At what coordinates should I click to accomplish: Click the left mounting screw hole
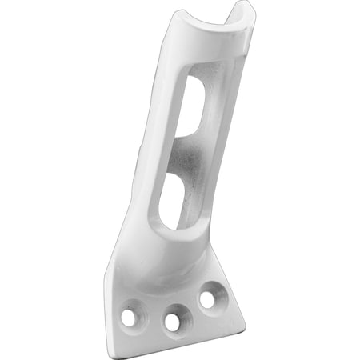(x=128, y=318)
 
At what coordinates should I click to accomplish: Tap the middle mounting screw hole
(x=172, y=322)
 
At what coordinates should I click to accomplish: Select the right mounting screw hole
(x=207, y=299)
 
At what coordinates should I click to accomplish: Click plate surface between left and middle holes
(x=150, y=316)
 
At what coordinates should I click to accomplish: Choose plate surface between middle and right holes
(x=190, y=308)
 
